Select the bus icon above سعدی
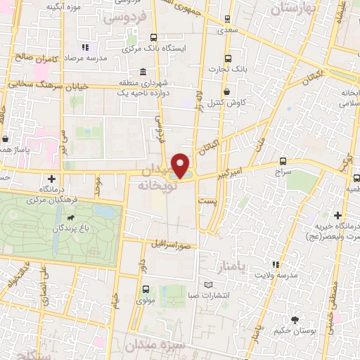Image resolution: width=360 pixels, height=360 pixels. pyautogui.click(x=227, y=20)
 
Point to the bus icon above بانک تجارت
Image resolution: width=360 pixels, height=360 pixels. pyautogui.click(x=227, y=58)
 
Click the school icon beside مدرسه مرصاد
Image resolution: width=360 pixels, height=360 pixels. pyautogui.click(x=85, y=47)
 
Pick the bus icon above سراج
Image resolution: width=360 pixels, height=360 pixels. pyautogui.click(x=283, y=161)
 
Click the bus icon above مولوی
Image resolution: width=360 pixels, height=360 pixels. pyautogui.click(x=145, y=289)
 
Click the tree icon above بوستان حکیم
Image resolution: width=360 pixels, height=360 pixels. pyautogui.click(x=303, y=320)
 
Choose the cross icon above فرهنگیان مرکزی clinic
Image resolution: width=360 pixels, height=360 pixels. pyautogui.click(x=50, y=179)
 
